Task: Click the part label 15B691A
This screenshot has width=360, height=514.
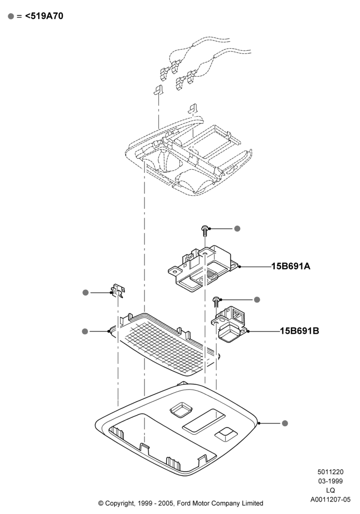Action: (291, 266)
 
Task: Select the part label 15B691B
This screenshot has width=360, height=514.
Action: (299, 331)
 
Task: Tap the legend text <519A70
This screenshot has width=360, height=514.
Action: (44, 16)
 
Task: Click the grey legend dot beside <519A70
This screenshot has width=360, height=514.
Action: (11, 16)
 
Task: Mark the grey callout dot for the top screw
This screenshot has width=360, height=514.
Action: (237, 229)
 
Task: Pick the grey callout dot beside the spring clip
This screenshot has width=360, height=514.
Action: (85, 292)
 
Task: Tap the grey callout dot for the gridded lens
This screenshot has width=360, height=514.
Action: (85, 332)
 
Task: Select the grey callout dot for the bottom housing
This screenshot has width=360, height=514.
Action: (285, 423)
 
